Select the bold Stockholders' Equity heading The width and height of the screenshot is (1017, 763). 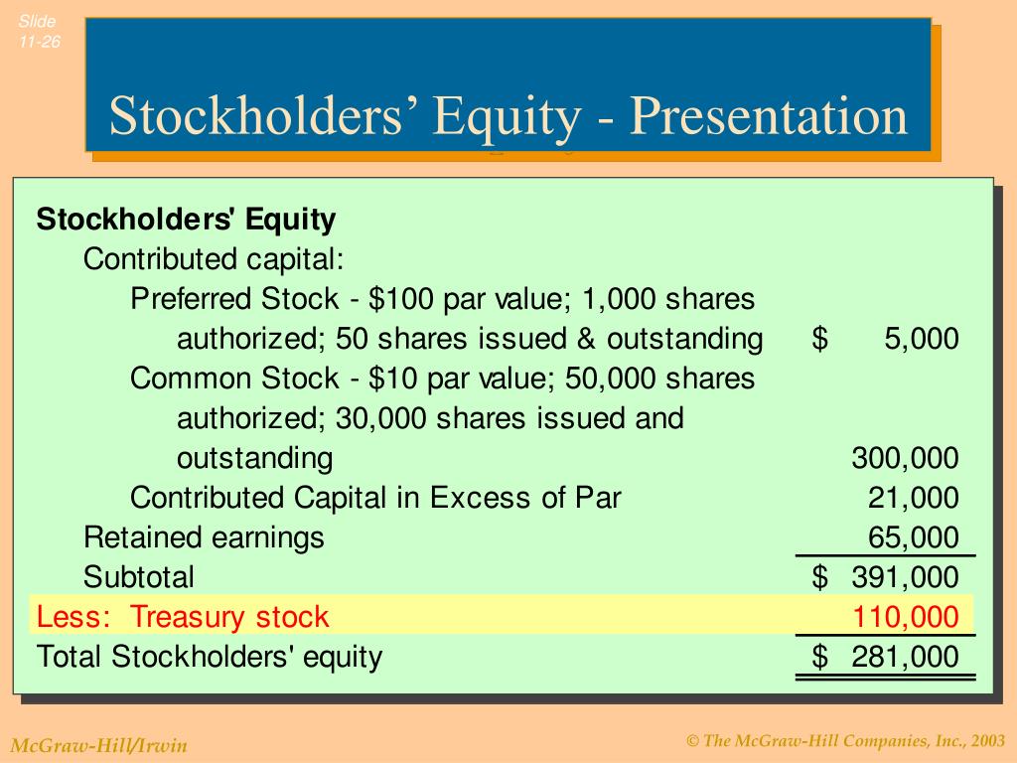(187, 220)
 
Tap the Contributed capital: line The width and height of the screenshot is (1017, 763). (214, 259)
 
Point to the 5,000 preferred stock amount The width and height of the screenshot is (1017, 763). (922, 339)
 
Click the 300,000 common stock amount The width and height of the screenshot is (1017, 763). (905, 458)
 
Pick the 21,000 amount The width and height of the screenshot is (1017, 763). (914, 498)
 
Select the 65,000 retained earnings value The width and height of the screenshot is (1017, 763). (914, 537)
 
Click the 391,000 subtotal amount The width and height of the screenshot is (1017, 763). (905, 577)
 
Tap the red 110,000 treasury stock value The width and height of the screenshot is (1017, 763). (905, 617)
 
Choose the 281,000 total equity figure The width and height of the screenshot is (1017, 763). (905, 657)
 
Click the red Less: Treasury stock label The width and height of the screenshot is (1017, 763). (183, 617)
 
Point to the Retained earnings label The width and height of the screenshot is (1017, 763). (204, 537)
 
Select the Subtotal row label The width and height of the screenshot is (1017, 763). (139, 577)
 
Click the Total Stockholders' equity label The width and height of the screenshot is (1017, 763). (210, 657)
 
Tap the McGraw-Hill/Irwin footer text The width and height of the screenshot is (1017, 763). (98, 745)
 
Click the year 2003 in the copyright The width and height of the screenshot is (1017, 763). (988, 741)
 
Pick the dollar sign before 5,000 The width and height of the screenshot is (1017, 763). (819, 339)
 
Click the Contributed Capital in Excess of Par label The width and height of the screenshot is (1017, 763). (375, 498)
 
